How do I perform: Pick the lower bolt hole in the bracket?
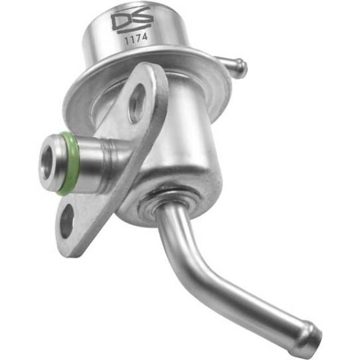67,220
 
